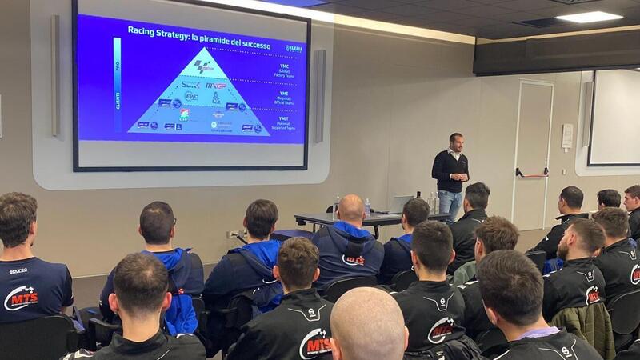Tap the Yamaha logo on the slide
click(x=294, y=48)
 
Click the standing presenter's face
click(x=455, y=143)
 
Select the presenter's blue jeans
click(x=451, y=203)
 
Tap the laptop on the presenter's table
click(x=400, y=204)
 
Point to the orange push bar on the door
click(x=532, y=172)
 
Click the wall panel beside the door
click(x=567, y=136)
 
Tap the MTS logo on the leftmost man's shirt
click(x=21, y=298)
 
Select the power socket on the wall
click(x=234, y=234)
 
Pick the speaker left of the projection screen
click(x=55, y=75)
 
